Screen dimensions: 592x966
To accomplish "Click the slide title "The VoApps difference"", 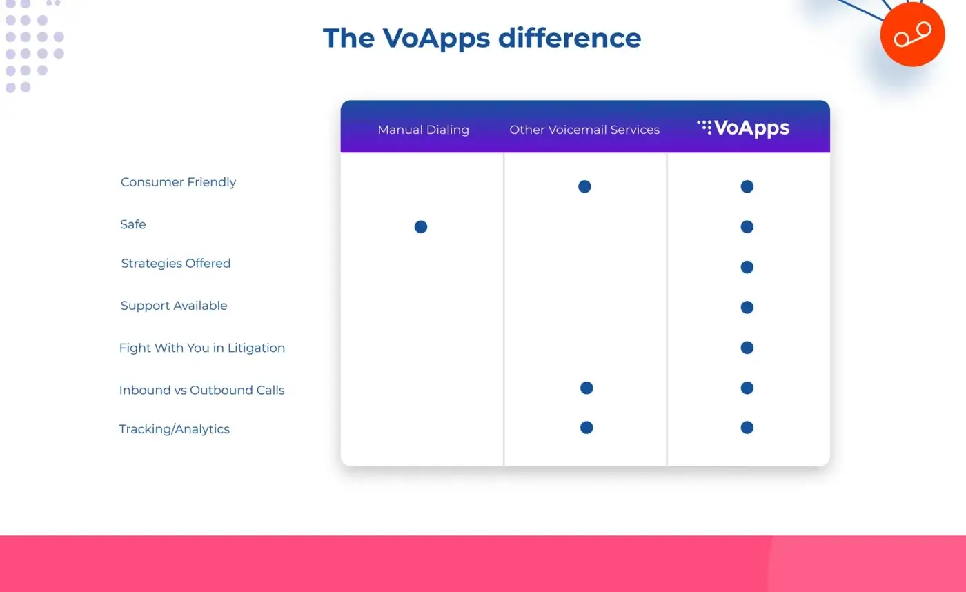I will [x=482, y=38].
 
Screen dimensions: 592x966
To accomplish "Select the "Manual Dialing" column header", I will [x=423, y=130].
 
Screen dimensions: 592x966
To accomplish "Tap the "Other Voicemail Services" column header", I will [x=584, y=130].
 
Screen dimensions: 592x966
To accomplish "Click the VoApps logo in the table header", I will [x=743, y=128].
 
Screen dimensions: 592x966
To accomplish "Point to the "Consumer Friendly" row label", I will [x=178, y=182].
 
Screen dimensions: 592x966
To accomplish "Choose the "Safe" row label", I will [x=133, y=224].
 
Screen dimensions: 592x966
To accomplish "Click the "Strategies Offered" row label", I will [x=175, y=263].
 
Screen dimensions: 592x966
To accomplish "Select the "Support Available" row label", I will [x=174, y=306].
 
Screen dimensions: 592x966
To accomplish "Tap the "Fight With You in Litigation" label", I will [x=201, y=348].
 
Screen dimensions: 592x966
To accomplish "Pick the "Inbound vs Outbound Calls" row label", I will [x=201, y=390].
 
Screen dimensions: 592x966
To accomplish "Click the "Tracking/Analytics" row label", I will [x=174, y=429].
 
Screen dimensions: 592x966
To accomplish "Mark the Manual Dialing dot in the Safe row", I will [x=421, y=226].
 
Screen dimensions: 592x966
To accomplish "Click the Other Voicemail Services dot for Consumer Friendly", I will [x=584, y=186].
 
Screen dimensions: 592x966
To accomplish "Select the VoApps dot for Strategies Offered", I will [x=747, y=267].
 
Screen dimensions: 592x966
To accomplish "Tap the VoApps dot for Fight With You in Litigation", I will [x=747, y=348].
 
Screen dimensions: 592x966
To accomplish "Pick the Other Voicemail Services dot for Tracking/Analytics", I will [x=586, y=428].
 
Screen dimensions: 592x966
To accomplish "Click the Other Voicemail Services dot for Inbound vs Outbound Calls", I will [x=586, y=388].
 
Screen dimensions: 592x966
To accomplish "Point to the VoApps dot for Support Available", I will [x=747, y=307].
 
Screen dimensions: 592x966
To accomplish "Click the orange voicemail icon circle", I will [x=912, y=34].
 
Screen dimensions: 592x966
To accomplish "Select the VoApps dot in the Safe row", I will [x=747, y=226].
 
